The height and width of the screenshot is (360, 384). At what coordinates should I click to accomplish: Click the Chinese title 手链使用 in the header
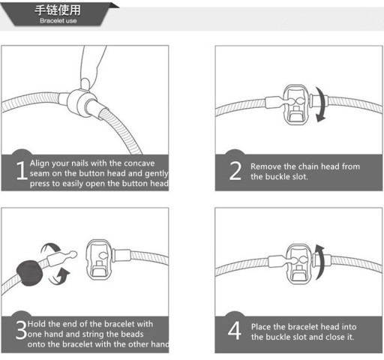pyautogui.click(x=58, y=10)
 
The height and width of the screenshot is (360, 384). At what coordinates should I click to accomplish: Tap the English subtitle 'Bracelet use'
pyautogui.click(x=58, y=21)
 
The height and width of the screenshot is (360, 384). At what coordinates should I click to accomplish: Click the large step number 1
pyautogui.click(x=22, y=170)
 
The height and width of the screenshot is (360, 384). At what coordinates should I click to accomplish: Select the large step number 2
pyautogui.click(x=235, y=171)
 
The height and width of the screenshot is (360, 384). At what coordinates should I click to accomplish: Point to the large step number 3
pyautogui.click(x=21, y=330)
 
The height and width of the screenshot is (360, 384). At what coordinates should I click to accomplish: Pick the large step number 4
pyautogui.click(x=235, y=331)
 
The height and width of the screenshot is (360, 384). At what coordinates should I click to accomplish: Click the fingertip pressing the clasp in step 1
pyautogui.click(x=85, y=84)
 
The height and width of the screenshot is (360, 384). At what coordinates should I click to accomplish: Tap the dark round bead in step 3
pyautogui.click(x=29, y=273)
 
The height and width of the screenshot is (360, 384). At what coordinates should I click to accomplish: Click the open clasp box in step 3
pyautogui.click(x=99, y=259)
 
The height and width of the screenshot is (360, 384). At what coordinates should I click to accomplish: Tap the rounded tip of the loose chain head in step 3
pyautogui.click(x=73, y=254)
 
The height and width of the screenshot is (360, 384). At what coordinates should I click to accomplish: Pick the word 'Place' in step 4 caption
pyautogui.click(x=261, y=327)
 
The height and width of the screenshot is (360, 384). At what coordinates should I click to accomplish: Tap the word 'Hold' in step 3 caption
pyautogui.click(x=37, y=324)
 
